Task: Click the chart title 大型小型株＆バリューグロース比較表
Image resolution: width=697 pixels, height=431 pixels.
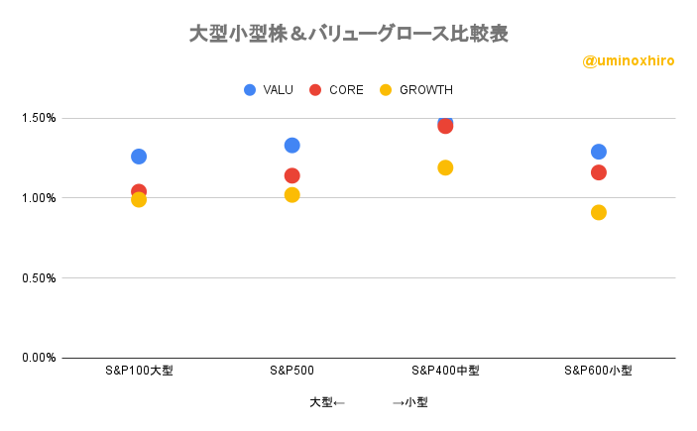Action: [x=348, y=34]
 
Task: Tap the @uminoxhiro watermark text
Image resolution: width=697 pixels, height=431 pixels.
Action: [x=629, y=61]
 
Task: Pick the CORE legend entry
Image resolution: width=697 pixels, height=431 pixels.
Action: [x=336, y=90]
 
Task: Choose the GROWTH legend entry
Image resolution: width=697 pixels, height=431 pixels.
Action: [x=415, y=90]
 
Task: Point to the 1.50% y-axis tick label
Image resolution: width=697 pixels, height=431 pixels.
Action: [x=37, y=118]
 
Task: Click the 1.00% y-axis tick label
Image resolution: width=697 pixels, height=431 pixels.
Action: [x=37, y=198]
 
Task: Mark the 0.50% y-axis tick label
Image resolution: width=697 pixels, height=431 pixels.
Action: [x=37, y=277]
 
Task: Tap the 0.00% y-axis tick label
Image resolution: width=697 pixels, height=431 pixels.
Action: [x=37, y=358]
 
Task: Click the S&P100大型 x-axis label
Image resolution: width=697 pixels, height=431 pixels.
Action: [x=139, y=371]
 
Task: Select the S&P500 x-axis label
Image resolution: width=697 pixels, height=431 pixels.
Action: [x=291, y=371]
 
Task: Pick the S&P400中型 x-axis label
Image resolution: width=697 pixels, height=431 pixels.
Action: [x=445, y=371]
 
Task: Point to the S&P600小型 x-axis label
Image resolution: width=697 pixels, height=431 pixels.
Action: [x=598, y=371]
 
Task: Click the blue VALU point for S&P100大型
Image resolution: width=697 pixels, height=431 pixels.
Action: [x=139, y=157]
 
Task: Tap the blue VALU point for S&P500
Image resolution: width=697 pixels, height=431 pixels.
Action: [x=291, y=146]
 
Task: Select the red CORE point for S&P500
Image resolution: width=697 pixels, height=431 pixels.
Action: [x=291, y=175]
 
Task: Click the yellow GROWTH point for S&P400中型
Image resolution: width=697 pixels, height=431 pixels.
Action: [x=445, y=167]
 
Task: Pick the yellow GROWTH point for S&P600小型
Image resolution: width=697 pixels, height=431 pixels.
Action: [x=598, y=212]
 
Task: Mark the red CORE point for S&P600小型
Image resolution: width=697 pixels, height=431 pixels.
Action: [x=598, y=172]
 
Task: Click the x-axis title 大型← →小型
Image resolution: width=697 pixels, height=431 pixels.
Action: [x=368, y=402]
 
